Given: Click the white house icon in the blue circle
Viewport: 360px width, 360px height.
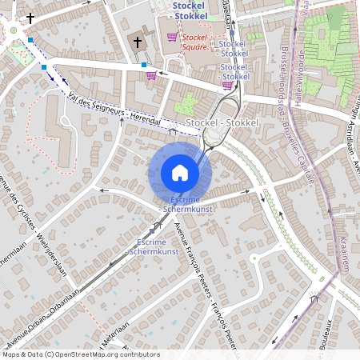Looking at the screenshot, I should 180,172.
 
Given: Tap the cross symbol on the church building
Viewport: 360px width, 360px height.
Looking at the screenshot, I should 137,42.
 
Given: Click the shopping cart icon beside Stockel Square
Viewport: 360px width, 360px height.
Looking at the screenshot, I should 172,37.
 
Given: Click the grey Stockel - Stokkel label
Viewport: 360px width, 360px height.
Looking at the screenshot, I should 222,122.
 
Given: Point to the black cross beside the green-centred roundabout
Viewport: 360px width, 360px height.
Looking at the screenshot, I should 31,18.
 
